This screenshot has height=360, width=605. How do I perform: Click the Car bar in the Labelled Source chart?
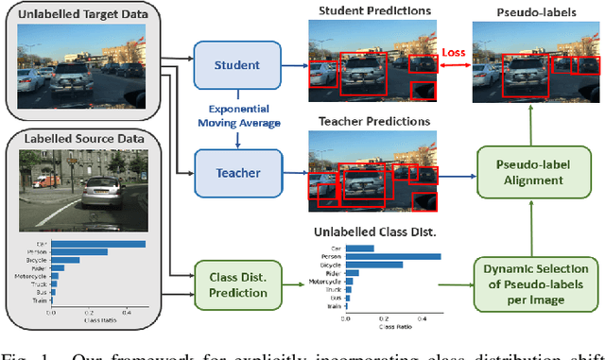[x=99, y=244]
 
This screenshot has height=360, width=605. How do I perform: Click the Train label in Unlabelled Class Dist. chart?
[x=334, y=307]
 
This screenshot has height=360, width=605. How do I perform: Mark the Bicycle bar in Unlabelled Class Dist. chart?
[x=364, y=265]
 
